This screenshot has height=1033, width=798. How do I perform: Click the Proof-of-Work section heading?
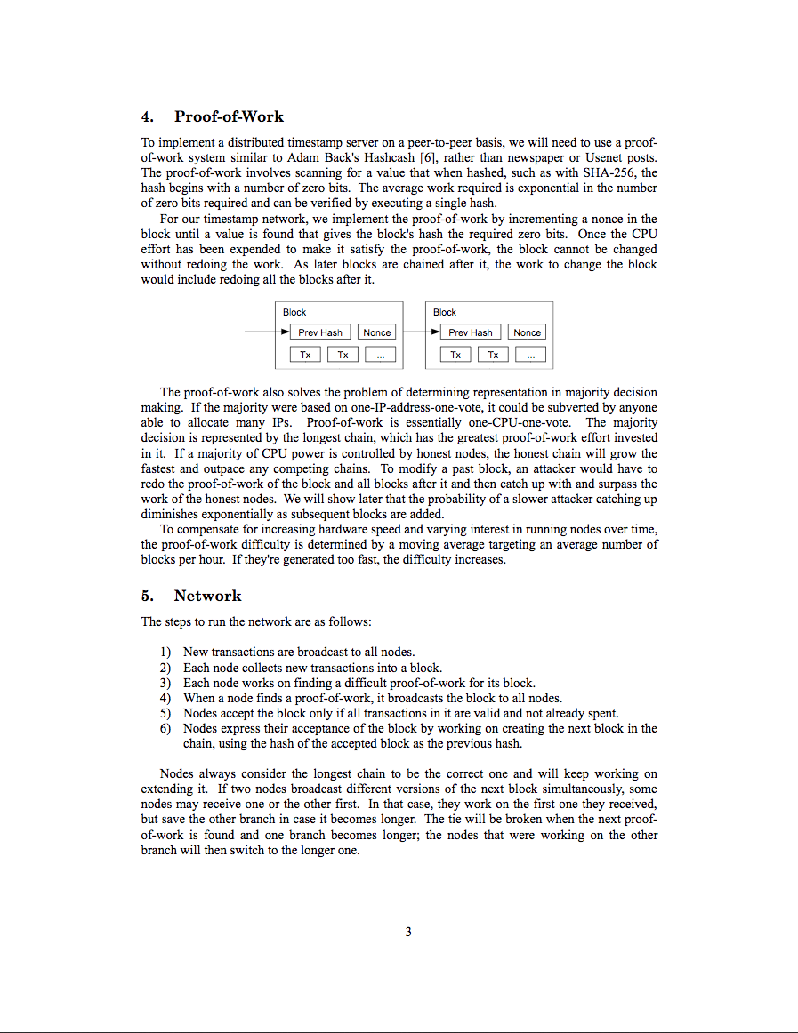click(229, 116)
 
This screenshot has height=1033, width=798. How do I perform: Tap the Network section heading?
click(207, 596)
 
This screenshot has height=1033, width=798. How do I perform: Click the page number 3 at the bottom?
click(408, 932)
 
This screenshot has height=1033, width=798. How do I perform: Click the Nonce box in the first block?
click(377, 332)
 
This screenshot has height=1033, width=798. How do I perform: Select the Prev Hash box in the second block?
click(471, 332)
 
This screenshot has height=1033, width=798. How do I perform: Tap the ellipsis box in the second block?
click(530, 355)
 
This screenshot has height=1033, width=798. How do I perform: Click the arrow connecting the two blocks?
click(418, 332)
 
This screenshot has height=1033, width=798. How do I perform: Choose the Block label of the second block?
click(445, 312)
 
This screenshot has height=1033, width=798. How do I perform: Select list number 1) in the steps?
click(165, 653)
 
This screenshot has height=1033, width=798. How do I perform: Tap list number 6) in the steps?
click(165, 728)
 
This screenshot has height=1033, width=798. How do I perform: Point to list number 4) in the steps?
click(165, 698)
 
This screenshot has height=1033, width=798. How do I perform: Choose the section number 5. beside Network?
click(147, 596)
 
